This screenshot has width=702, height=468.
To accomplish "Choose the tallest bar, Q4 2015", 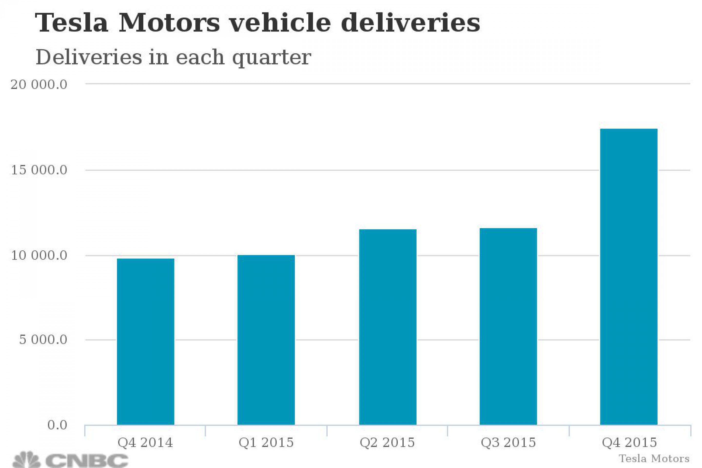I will coord(629,277).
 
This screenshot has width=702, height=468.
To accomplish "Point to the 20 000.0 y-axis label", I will coord(39,85).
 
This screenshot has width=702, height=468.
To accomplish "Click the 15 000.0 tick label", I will coord(39,170).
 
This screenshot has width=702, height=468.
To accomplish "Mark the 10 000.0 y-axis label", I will coord(39,255).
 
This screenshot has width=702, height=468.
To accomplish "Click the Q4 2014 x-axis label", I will coord(145,443).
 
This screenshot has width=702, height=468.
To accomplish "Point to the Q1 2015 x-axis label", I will coord(266,443).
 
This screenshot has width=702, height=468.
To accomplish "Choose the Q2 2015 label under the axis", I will coord(387,443).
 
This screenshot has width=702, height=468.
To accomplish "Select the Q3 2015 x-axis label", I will coord(508,443).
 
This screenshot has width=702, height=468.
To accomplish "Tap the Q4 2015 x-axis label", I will coord(629,443).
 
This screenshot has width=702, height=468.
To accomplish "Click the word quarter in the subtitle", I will coord(272,57).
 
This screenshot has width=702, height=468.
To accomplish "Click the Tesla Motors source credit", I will coord(654,458).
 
